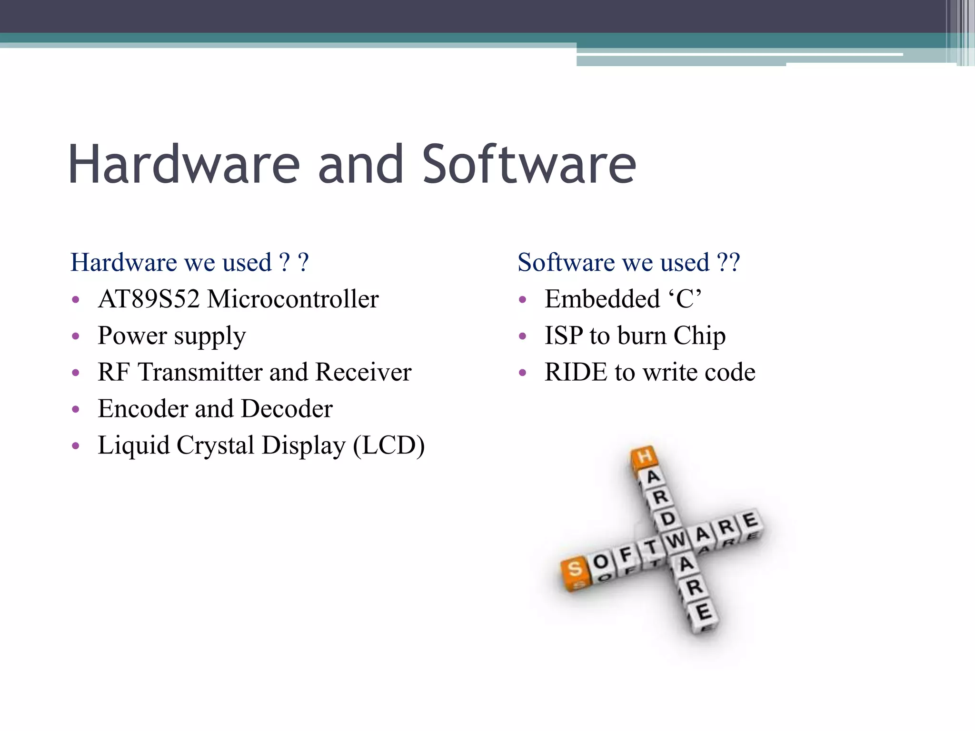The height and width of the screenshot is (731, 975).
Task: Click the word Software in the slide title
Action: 529,164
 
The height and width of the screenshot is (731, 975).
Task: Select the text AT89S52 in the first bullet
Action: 149,299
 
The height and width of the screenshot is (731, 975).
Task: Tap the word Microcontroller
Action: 293,299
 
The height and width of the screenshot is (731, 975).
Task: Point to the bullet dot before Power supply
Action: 75,336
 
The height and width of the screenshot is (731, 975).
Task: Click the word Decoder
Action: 287,409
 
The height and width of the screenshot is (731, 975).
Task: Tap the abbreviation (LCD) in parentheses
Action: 388,446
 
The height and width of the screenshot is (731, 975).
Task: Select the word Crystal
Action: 215,446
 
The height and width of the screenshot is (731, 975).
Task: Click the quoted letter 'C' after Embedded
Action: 686,299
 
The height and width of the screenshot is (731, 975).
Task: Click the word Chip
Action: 699,336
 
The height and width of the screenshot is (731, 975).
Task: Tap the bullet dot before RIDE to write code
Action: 522,373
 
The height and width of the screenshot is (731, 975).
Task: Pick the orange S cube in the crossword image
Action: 575,570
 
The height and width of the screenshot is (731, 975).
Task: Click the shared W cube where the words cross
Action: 675,540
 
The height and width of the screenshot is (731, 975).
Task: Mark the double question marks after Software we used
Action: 728,263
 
